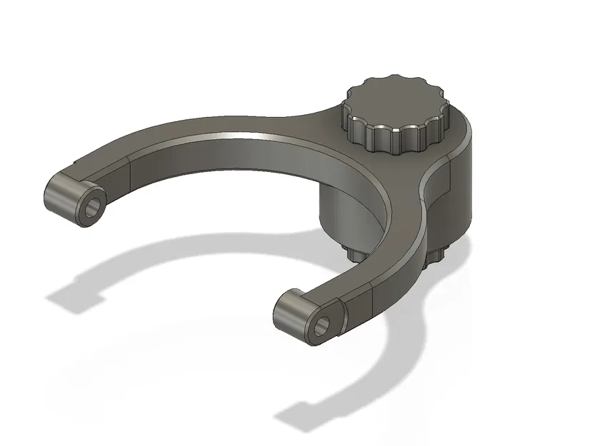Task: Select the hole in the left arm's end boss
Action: coord(91,208)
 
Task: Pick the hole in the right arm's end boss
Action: coord(322,325)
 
